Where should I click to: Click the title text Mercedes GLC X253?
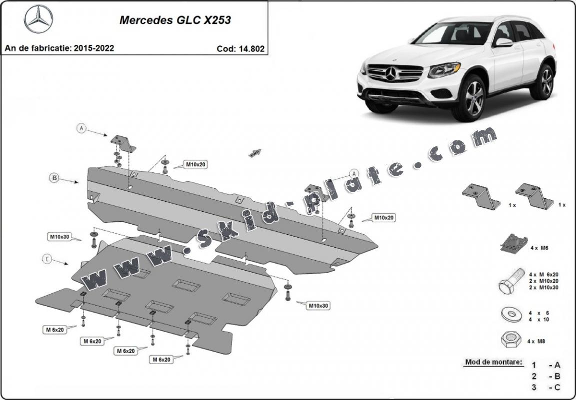coord(174,20)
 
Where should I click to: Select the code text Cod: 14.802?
coord(240,48)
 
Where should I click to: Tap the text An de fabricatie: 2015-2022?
coord(59,48)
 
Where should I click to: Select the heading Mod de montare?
coord(493,362)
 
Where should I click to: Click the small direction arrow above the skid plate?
coord(255,153)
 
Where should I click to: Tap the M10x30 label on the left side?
coord(59,236)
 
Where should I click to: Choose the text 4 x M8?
coord(536,342)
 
